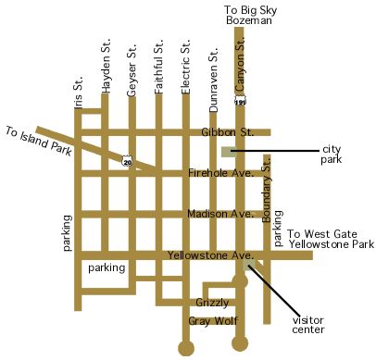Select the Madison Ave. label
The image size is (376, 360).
pos(219,214)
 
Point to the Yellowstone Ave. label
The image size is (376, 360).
pos(209,254)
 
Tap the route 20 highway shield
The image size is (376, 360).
pos(128,162)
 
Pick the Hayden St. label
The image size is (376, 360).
pos(106,71)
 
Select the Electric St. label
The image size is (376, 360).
pos(186,67)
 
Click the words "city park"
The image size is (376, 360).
pos(332,155)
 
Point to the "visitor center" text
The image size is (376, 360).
pos(309,325)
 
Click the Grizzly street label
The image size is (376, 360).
pos(212,303)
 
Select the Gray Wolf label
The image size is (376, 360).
pos(209,320)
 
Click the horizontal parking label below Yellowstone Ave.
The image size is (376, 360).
pos(107,268)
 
